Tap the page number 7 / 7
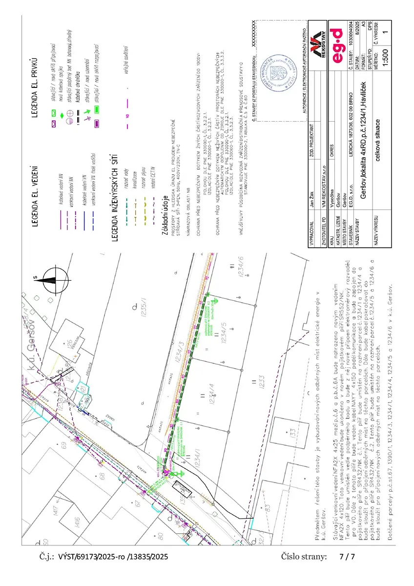(347, 556)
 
